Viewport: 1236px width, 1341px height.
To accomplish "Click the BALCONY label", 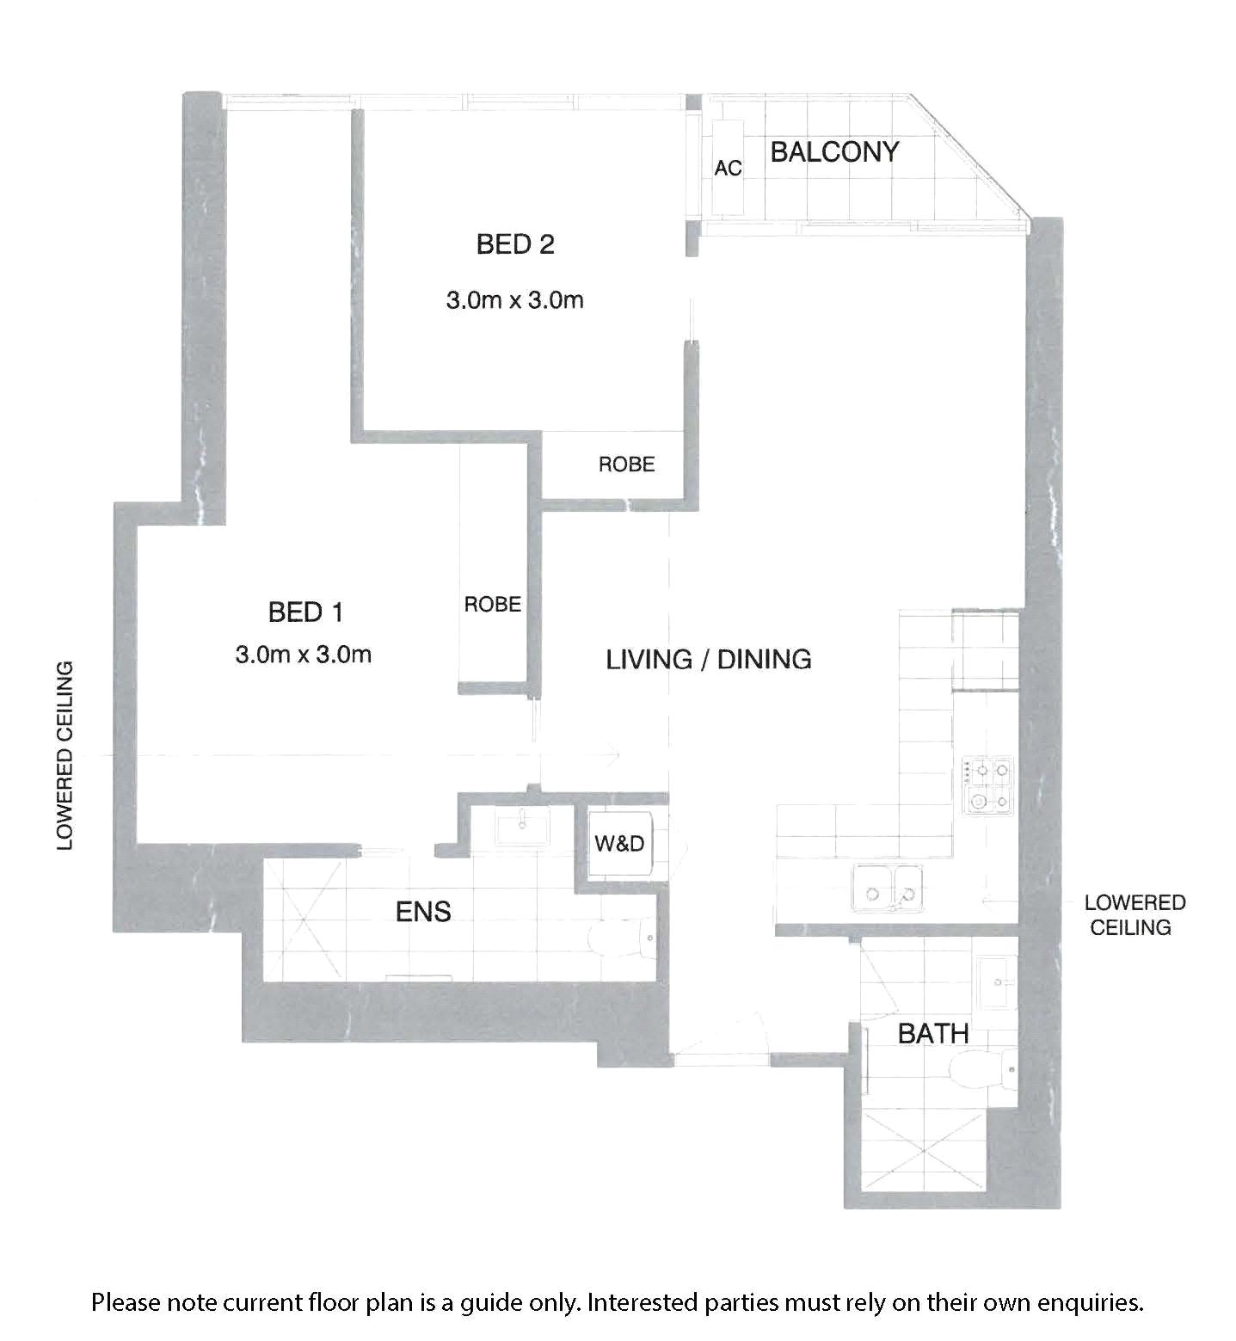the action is click(x=833, y=152).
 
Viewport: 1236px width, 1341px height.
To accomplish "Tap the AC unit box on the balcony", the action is click(x=728, y=168).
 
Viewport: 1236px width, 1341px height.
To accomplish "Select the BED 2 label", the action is click(x=515, y=244).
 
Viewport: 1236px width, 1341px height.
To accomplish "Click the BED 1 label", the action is click(x=305, y=612).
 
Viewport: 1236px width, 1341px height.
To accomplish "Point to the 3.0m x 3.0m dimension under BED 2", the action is click(x=514, y=300).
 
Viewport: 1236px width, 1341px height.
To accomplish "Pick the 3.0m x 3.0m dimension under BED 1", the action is click(x=303, y=655).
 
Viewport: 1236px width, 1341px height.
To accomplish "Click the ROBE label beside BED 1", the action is click(x=493, y=605).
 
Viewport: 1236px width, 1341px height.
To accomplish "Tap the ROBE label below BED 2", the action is click(x=627, y=464).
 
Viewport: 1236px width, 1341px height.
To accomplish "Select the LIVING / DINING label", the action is click(x=709, y=659).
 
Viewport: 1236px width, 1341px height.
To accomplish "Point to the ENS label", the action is click(x=423, y=911).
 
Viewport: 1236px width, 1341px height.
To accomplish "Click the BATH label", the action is click(x=933, y=1033).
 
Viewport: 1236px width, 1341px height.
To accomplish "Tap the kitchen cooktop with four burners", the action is click(x=988, y=786).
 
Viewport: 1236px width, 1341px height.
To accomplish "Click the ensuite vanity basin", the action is click(x=523, y=829).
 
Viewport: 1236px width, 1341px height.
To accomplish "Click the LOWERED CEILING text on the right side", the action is click(x=1135, y=914).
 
